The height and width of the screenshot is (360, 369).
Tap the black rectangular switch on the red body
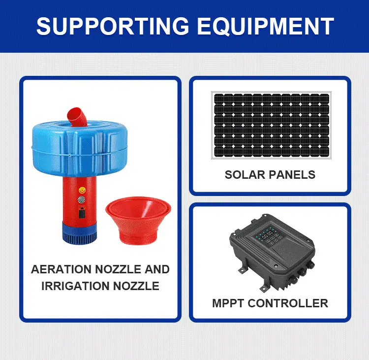click(x=82, y=215)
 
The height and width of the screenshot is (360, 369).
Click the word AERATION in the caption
click(x=61, y=269)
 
